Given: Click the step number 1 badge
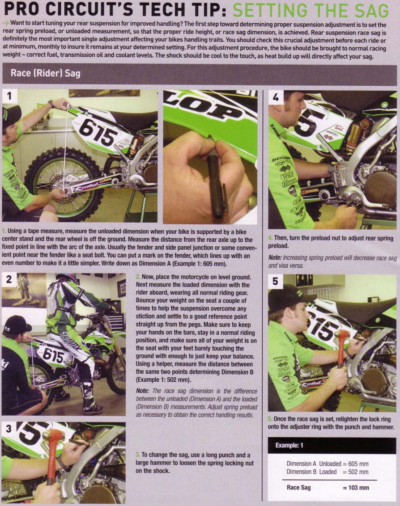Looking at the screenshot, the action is [9, 96].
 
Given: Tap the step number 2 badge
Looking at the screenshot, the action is [9, 279].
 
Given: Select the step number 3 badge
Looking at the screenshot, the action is [9, 428].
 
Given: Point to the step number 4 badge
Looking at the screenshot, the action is [276, 97].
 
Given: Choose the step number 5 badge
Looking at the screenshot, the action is [275, 282].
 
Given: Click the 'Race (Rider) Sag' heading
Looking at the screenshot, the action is [45, 73].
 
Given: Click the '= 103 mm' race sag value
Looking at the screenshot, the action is [356, 488].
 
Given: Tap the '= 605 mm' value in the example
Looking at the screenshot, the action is [355, 464].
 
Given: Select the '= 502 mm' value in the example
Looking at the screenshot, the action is [355, 472].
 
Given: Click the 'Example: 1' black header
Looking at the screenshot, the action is [332, 446].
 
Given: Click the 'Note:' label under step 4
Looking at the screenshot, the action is [275, 258].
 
